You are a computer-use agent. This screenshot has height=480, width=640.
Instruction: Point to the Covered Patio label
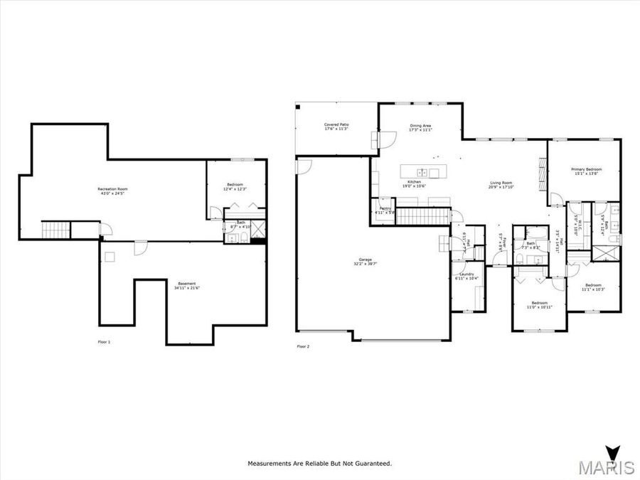(x=336, y=125)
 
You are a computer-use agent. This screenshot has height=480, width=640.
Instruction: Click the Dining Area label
(x=420, y=126)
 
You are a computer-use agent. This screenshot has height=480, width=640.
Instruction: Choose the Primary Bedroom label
(x=587, y=169)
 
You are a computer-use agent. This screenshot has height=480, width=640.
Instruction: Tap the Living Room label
(x=501, y=183)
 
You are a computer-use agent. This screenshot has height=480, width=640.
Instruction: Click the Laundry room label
(x=466, y=274)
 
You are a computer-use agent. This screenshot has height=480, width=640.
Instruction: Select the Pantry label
(x=385, y=208)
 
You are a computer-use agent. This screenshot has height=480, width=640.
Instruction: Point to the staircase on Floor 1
(x=55, y=230)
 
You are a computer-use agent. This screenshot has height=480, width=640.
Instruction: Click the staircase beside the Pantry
(x=422, y=216)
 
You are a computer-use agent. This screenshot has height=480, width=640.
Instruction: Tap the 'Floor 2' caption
(x=303, y=346)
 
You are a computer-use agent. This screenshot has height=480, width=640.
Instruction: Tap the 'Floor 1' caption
(x=104, y=341)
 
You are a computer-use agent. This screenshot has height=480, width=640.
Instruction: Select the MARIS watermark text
(x=606, y=467)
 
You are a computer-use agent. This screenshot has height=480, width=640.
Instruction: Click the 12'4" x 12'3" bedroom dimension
(x=235, y=189)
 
